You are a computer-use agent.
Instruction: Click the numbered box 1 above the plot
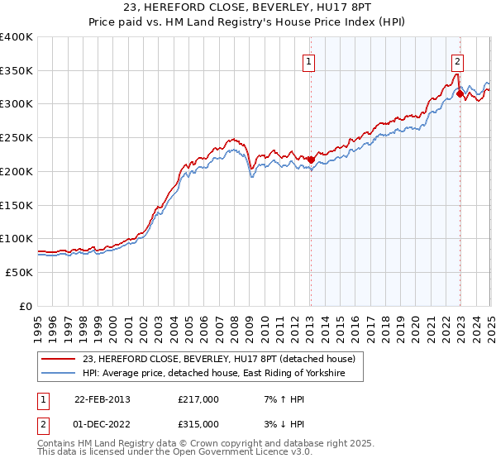[x=308, y=60]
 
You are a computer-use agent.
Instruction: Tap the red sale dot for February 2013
[x=311, y=160]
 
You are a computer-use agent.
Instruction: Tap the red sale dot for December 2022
[x=460, y=93]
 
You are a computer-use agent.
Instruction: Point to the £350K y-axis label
[x=17, y=71]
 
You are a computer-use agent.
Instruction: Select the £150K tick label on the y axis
[x=17, y=205]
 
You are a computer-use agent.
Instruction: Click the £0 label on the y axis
[x=26, y=306]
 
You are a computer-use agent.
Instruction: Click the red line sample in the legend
[x=59, y=359]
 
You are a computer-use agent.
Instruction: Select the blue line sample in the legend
[x=59, y=374]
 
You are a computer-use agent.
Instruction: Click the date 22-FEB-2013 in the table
[x=103, y=399]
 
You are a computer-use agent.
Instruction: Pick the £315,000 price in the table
[x=198, y=424]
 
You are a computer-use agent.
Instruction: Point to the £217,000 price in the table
[x=198, y=399]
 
